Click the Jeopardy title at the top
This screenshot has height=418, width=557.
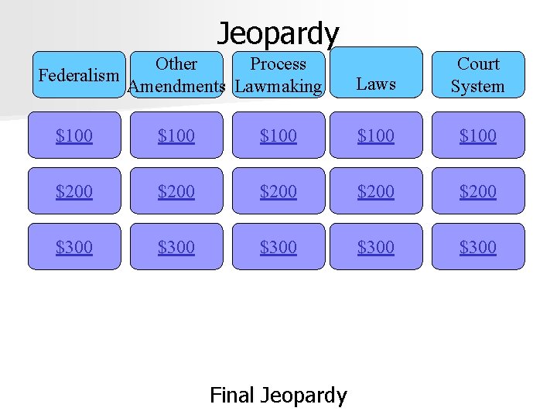278,33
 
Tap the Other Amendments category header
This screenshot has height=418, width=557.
176,76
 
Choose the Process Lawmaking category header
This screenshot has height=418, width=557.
278,76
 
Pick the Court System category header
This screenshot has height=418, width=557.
477,76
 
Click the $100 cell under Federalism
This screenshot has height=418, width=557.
74,135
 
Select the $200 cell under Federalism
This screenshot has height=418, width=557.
74,191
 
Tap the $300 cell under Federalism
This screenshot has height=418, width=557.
74,247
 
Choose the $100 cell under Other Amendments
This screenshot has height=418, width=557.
176,135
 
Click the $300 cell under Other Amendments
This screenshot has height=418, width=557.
176,247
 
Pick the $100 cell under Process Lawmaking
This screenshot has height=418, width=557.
278,135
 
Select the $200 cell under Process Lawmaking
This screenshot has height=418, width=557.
278,191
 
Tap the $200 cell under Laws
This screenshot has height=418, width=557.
376,191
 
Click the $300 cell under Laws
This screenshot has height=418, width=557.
376,247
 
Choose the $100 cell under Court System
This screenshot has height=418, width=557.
477,135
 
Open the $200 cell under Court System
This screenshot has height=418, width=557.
477,191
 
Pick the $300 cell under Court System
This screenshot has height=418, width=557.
477,247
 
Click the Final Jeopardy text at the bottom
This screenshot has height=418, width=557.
278,396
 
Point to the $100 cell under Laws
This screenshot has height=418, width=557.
376,135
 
